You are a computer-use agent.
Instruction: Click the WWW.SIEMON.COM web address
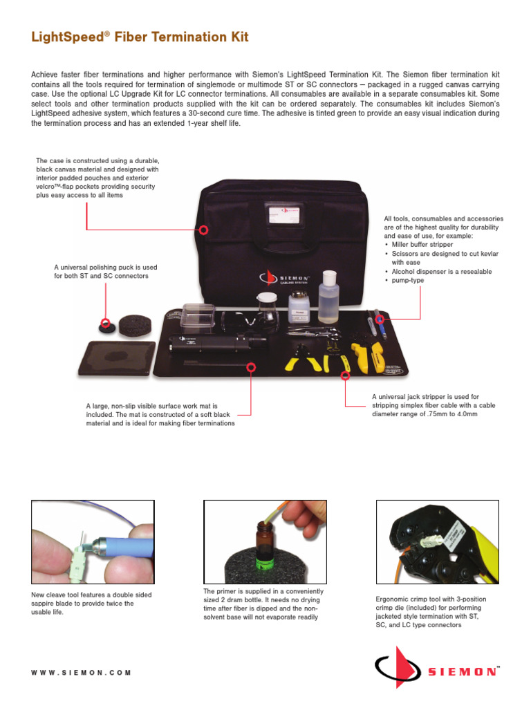point(82,672)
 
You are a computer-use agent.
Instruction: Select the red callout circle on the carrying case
point(204,230)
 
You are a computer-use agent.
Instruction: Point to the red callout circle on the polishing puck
point(106,322)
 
